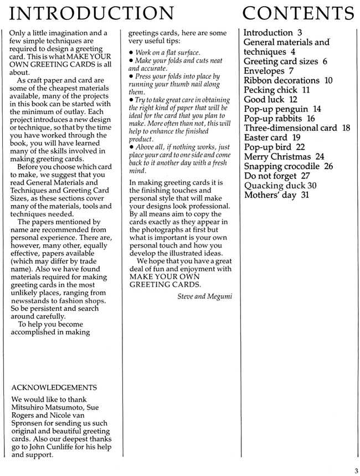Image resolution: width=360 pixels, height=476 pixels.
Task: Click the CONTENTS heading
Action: (x=298, y=14)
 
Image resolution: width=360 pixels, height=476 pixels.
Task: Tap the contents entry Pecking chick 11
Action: (x=276, y=90)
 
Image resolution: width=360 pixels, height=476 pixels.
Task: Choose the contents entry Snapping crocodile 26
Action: (x=288, y=166)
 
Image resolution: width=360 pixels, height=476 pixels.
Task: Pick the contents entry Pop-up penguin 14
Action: (x=282, y=109)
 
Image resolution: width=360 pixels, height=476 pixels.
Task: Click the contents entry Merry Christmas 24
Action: (x=284, y=157)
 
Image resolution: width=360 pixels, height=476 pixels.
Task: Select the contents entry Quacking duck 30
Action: (x=280, y=186)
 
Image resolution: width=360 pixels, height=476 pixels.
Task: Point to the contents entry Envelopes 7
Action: (x=268, y=71)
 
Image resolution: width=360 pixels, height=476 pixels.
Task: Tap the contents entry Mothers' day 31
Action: (x=276, y=195)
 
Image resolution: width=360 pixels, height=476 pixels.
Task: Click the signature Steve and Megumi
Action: (x=204, y=296)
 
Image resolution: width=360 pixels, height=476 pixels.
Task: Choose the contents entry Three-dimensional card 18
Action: (x=297, y=128)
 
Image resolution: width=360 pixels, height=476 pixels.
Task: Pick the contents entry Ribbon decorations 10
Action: (x=288, y=80)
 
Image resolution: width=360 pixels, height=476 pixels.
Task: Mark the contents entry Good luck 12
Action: (x=270, y=100)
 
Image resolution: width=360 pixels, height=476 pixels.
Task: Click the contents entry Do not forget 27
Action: (x=276, y=176)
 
